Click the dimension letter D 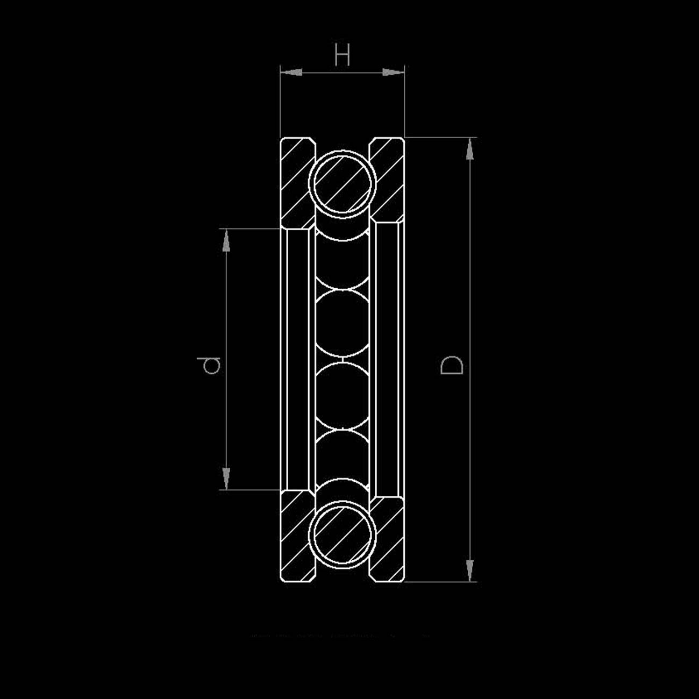coord(452,365)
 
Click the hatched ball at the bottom coord(343,534)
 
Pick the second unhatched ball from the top coord(343,323)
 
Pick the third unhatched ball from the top coord(343,397)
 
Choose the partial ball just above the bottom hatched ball coord(343,457)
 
